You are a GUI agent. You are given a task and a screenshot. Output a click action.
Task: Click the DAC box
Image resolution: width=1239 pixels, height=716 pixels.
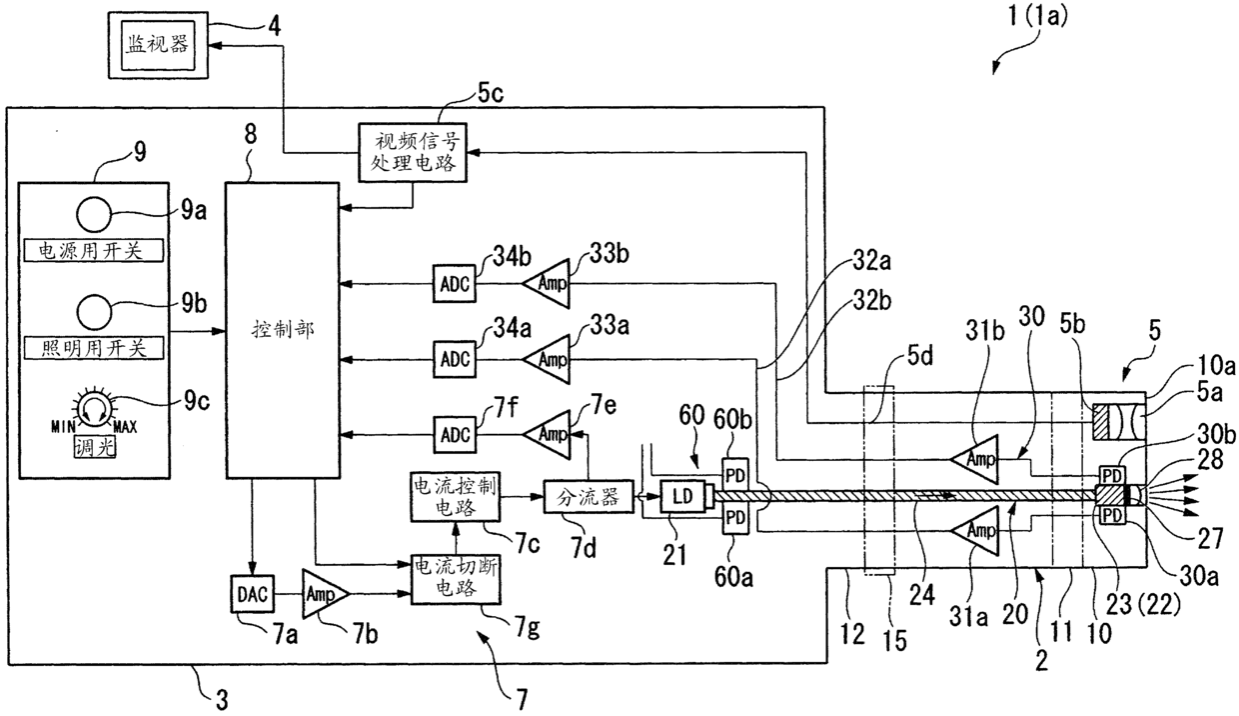[252, 594]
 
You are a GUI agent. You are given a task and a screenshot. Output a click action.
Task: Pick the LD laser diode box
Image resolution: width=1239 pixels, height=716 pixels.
[683, 496]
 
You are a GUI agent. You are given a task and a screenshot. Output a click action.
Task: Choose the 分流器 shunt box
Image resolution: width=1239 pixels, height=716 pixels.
[589, 497]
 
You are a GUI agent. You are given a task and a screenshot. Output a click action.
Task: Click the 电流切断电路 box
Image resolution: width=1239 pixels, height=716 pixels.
[456, 579]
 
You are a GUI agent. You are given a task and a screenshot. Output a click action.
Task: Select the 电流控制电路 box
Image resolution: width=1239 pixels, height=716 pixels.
[456, 496]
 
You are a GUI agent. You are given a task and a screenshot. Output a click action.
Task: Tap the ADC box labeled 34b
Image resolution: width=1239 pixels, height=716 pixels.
[454, 284]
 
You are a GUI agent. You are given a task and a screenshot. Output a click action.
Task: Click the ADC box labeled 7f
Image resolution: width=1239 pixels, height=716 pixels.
[454, 435]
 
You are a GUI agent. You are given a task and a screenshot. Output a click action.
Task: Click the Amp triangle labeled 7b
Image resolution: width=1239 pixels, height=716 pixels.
[325, 594]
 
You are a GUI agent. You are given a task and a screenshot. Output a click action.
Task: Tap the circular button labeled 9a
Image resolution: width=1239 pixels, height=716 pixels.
[94, 214]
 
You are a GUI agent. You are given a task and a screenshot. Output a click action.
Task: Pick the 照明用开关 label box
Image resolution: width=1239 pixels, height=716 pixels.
[94, 348]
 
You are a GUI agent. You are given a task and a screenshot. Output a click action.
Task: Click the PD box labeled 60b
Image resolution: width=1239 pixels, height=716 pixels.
[735, 475]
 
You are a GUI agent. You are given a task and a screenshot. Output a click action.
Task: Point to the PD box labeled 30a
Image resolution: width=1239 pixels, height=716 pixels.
[1112, 516]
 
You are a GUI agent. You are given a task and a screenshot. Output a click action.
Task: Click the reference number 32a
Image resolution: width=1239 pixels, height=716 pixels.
[871, 261]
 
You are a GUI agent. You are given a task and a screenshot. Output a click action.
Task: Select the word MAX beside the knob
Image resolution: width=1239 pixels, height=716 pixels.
[125, 427]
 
